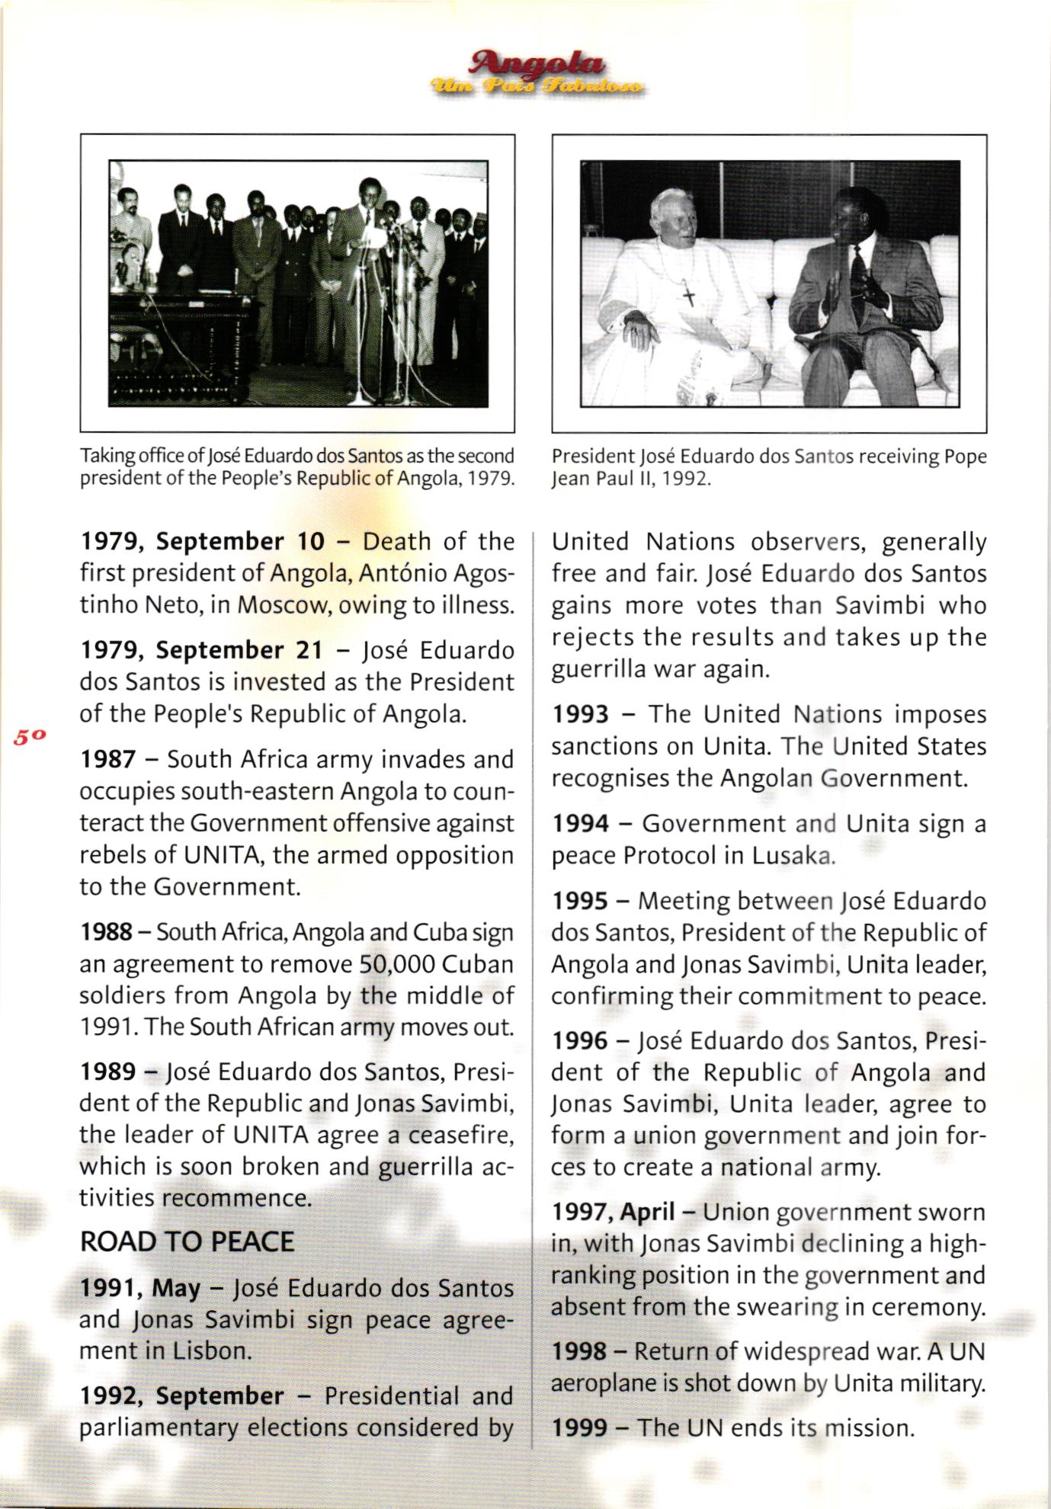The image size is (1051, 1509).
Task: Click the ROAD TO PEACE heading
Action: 187,1242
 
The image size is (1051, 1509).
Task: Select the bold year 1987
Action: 107,760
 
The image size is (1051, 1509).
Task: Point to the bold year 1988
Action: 107,933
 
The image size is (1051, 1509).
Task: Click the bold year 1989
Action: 107,1072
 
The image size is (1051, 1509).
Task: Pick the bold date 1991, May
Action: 140,1289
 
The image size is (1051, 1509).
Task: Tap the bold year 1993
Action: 580,715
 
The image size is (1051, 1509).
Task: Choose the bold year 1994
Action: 580,824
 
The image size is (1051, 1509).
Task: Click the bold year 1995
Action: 580,902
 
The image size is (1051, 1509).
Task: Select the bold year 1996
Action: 580,1041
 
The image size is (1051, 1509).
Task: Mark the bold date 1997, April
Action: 614,1212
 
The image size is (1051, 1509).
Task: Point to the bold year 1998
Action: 580,1352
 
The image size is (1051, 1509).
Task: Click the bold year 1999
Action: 580,1427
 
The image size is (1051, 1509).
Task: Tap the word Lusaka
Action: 793,856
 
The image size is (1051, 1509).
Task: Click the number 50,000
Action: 396,965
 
